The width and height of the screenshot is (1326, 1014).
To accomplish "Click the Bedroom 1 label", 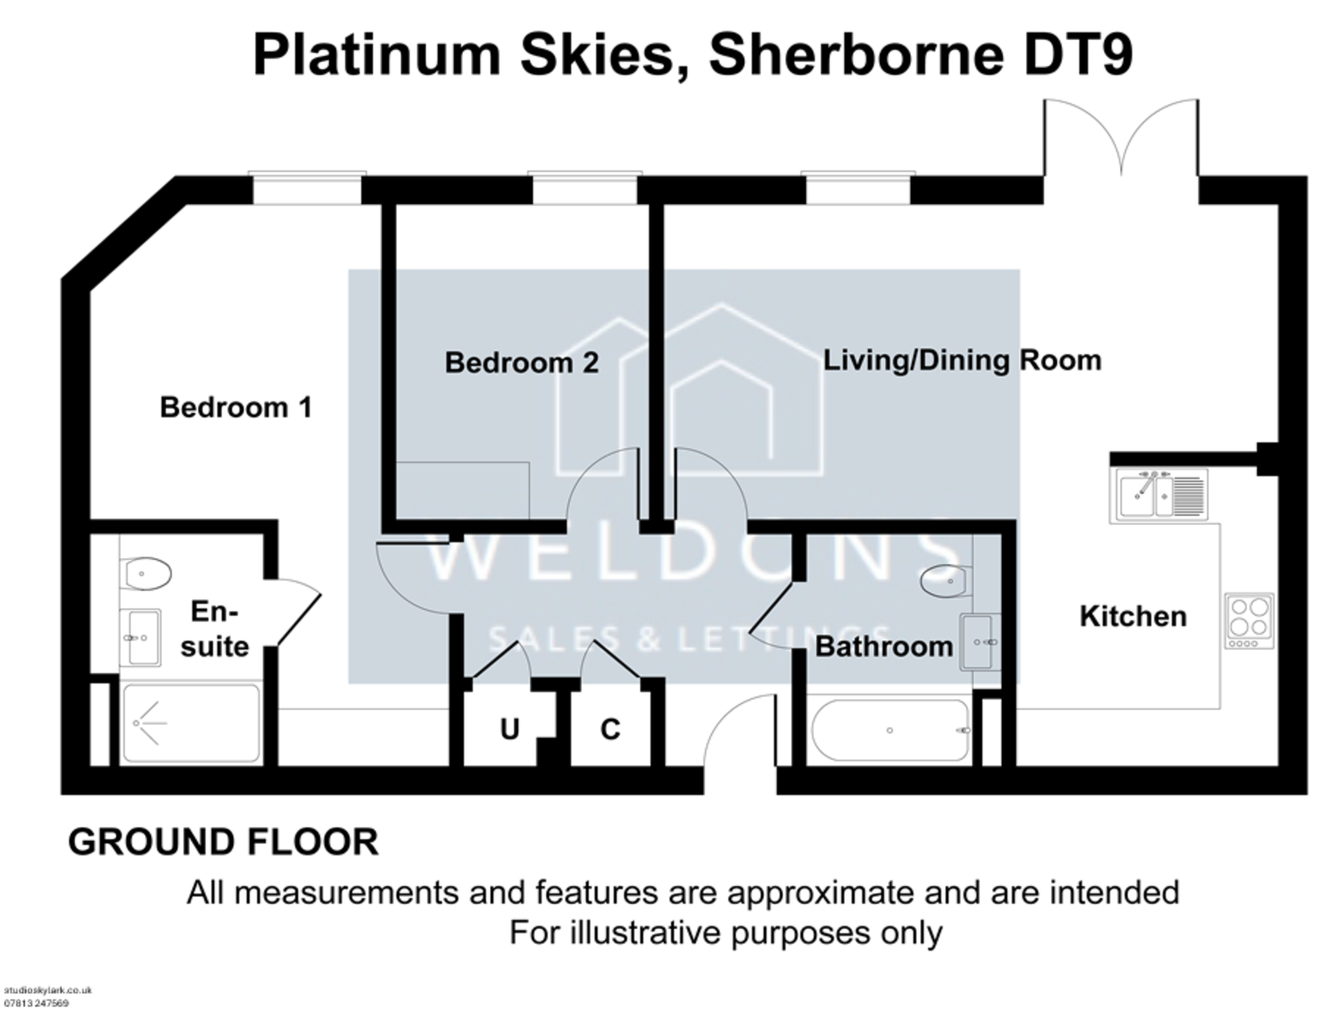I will pyautogui.click(x=236, y=408).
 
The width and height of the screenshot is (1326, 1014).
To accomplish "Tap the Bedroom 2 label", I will pyautogui.click(x=521, y=363).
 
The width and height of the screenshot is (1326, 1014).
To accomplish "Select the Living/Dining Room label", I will pyautogui.click(x=961, y=360).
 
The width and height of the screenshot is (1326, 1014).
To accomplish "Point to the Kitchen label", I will pyautogui.click(x=1133, y=616).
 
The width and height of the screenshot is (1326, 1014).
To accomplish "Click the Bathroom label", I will pyautogui.click(x=884, y=647).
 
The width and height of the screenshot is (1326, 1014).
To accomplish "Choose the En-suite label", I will pyautogui.click(x=214, y=629).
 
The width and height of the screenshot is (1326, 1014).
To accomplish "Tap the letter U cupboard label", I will pyautogui.click(x=510, y=730).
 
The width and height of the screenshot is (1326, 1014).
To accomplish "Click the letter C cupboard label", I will pyautogui.click(x=610, y=730).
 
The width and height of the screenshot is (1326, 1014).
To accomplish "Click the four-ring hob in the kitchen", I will pyautogui.click(x=1250, y=620).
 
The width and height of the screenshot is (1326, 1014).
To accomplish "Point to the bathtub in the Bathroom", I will pyautogui.click(x=891, y=730).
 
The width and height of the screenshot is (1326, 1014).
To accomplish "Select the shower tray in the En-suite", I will pyautogui.click(x=191, y=723).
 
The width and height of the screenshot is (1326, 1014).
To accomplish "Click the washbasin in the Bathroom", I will pyautogui.click(x=980, y=641).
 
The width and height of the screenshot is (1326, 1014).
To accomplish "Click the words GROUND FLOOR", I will pyautogui.click(x=223, y=842).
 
